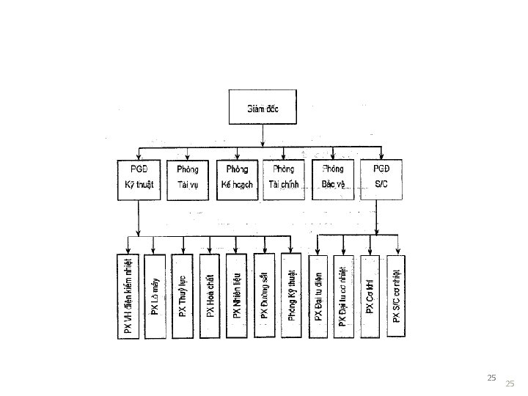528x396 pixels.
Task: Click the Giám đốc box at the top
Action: [x=264, y=111]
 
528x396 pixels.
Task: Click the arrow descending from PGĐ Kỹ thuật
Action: [x=138, y=216]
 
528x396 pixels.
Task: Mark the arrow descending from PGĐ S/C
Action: [x=381, y=216]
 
